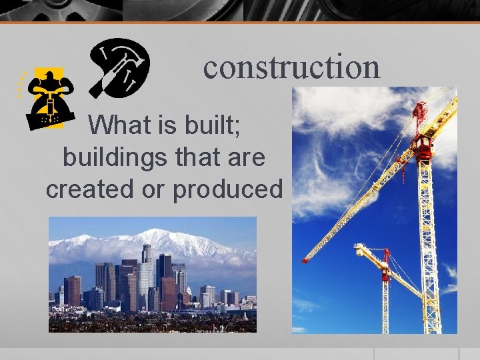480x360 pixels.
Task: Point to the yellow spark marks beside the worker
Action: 21,83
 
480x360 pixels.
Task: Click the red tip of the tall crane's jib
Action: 306,259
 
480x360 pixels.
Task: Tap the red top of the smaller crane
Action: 385,257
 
